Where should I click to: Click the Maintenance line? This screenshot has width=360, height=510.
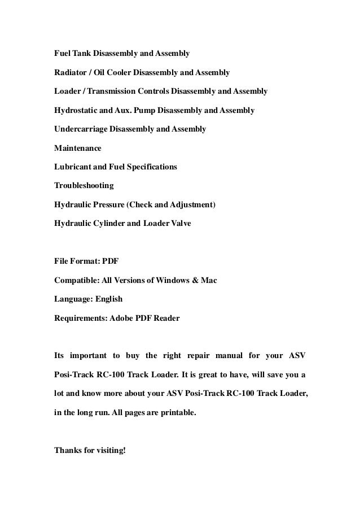[x=77, y=148]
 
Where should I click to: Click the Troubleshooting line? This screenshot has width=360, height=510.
[x=84, y=186]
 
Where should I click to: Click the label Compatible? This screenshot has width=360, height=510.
[x=77, y=280]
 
